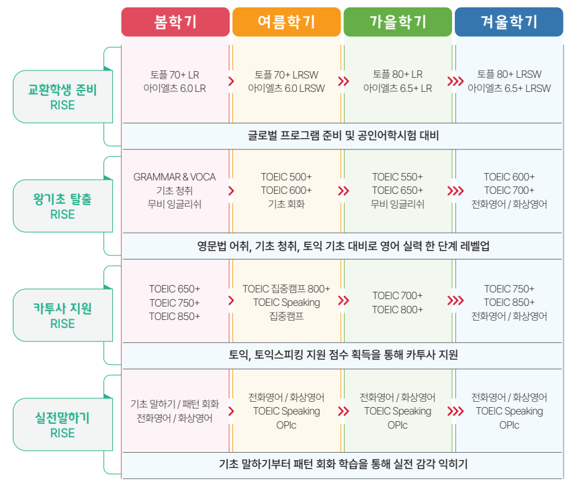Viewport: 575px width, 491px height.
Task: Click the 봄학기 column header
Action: (175, 22)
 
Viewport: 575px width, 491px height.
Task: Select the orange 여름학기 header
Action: (286, 22)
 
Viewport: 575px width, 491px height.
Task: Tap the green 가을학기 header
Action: (398, 22)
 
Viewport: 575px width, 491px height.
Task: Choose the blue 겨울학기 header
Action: (508, 22)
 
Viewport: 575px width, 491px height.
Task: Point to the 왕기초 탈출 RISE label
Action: (62, 207)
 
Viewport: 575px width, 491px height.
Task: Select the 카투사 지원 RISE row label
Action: (62, 316)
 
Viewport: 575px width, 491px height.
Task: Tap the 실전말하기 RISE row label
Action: (62, 425)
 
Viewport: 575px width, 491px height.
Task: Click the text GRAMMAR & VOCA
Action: (175, 177)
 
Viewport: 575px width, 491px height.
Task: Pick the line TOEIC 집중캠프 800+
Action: (286, 289)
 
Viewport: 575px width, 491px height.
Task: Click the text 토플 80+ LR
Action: (398, 74)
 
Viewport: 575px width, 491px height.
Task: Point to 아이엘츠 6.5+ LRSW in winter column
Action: (509, 88)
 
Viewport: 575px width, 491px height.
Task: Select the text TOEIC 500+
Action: (286, 177)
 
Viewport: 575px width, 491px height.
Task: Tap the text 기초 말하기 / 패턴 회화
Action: (175, 404)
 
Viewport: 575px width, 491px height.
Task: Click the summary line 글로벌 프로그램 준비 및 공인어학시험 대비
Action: (343, 136)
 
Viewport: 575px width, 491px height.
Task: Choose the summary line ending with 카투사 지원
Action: (343, 355)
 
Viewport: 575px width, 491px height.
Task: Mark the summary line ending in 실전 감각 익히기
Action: (343, 464)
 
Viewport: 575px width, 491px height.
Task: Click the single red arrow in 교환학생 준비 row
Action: (231, 81)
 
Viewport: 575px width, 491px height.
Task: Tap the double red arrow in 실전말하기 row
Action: (344, 411)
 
